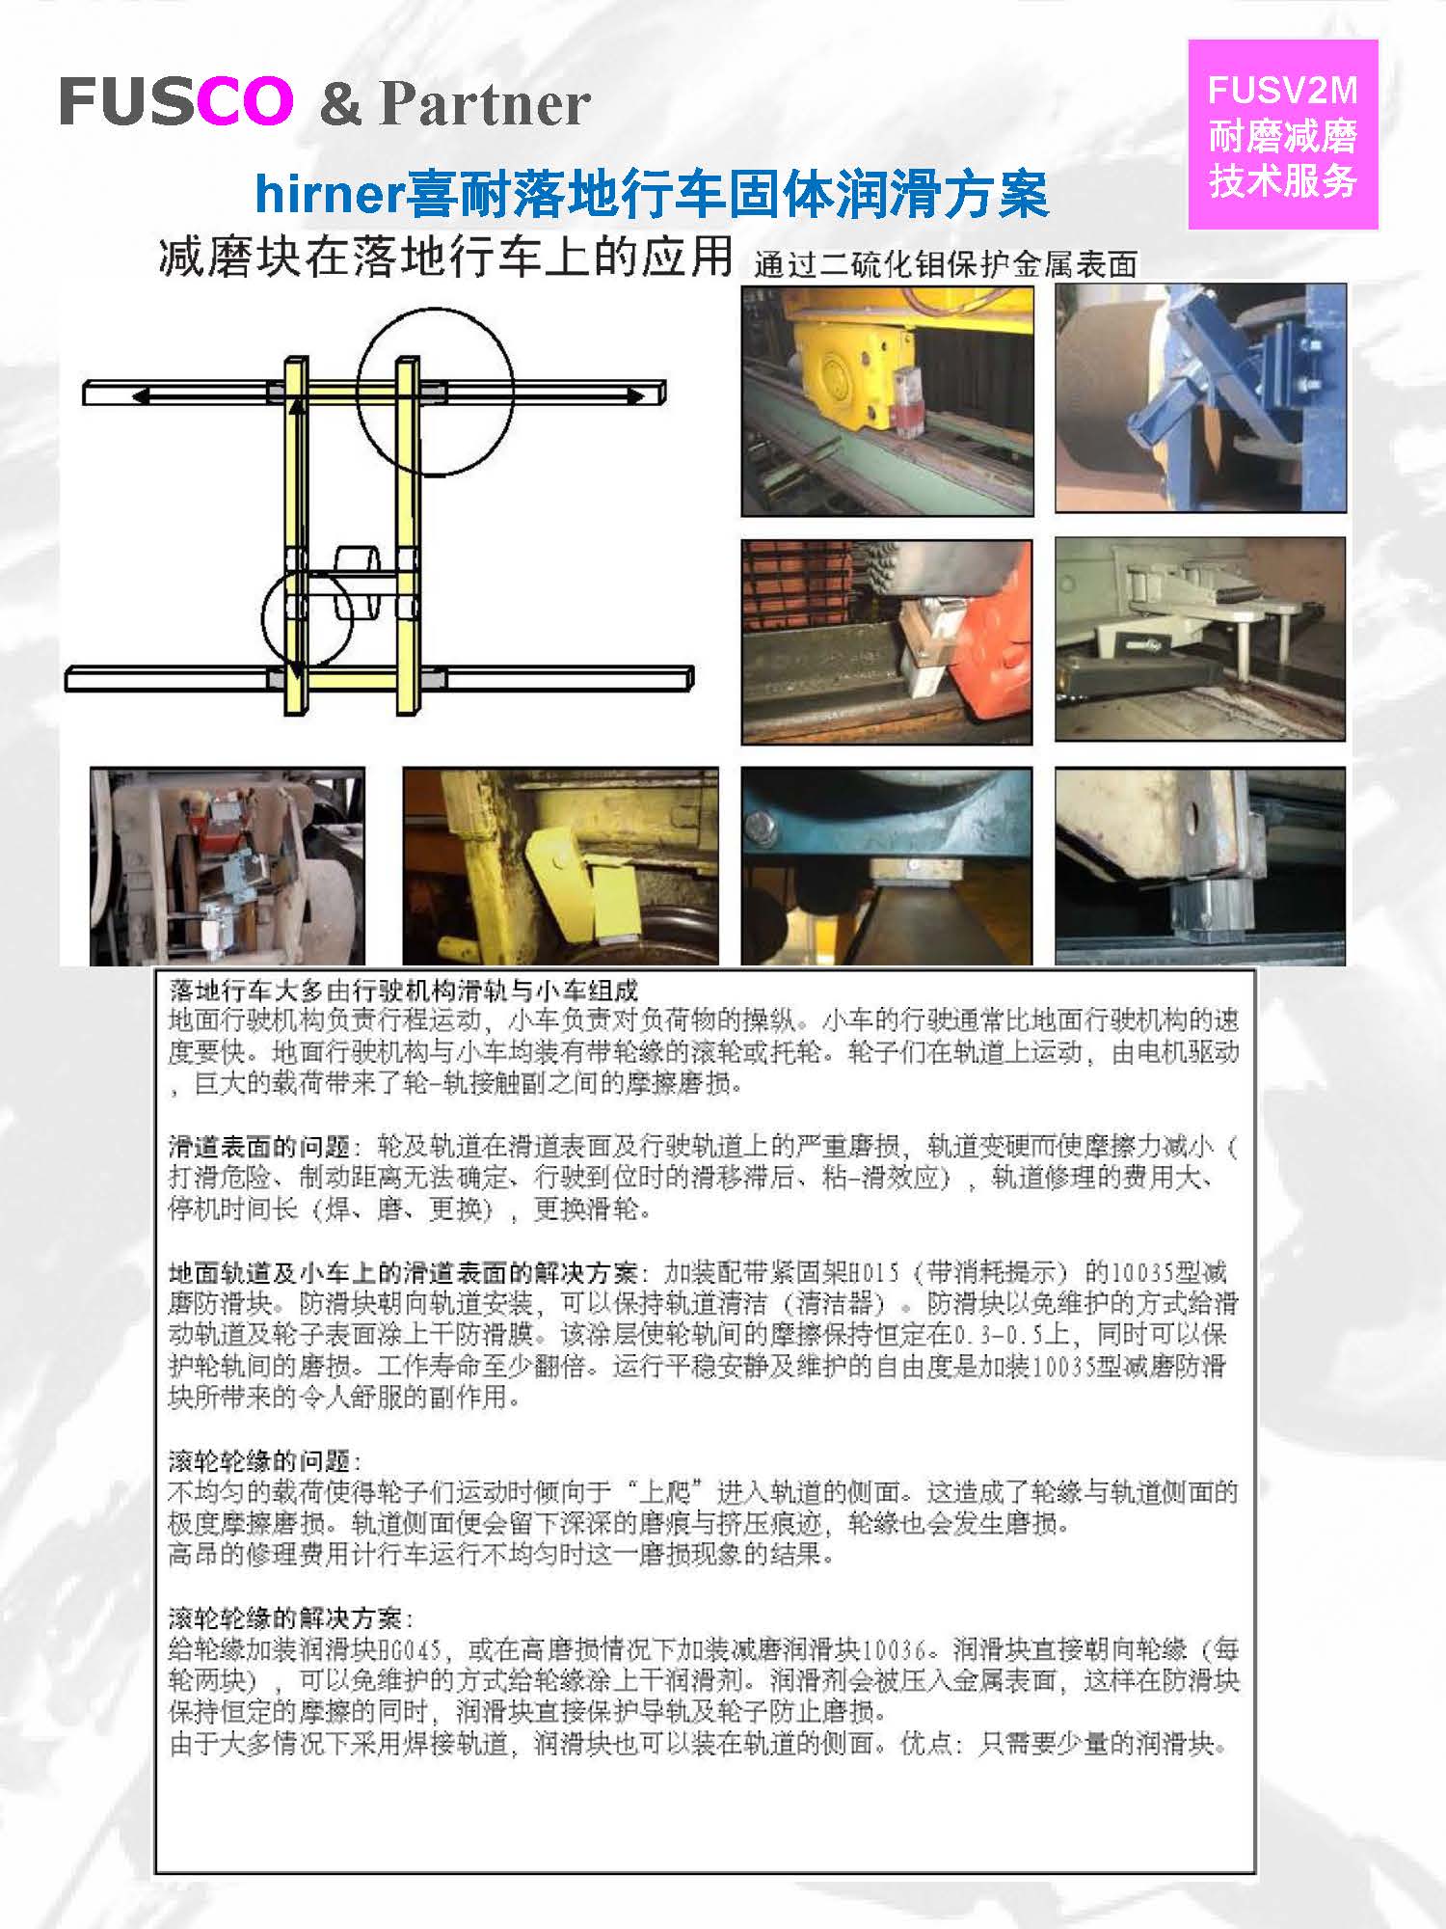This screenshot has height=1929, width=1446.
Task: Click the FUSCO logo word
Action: pyautogui.click(x=176, y=101)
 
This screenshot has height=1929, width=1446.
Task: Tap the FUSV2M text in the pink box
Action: pyautogui.click(x=1282, y=91)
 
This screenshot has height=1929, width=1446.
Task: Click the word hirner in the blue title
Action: pyautogui.click(x=328, y=195)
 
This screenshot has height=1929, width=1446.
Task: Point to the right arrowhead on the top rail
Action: pyautogui.click(x=636, y=394)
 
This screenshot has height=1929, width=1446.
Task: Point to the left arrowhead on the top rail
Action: pyautogui.click(x=142, y=395)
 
